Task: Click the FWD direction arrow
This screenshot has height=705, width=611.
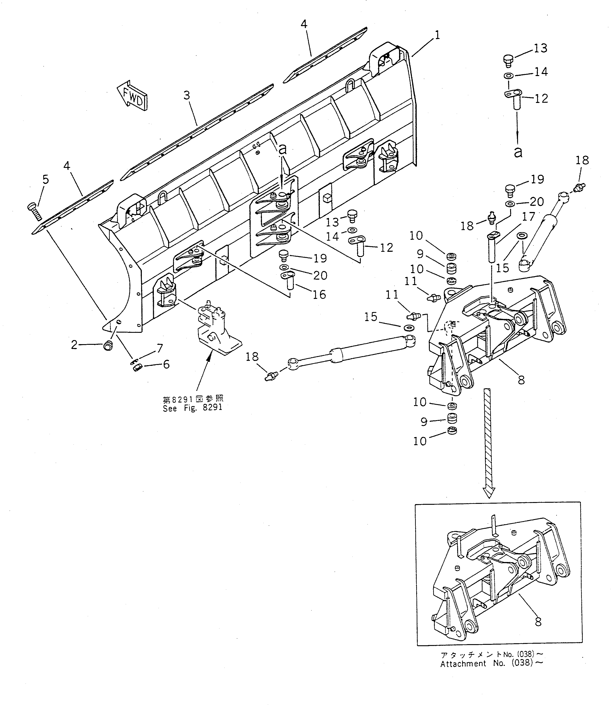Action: [x=133, y=96]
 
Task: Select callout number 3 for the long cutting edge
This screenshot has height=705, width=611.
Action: [x=186, y=95]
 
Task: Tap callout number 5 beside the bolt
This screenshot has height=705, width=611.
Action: [x=45, y=179]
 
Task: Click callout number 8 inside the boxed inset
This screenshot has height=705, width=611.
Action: [x=538, y=622]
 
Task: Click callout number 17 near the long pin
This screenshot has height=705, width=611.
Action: [x=528, y=216]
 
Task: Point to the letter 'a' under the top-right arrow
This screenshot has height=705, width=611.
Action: [x=518, y=152]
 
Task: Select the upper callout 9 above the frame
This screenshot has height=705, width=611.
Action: [x=420, y=254]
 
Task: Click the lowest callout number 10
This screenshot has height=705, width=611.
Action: [x=420, y=441]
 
